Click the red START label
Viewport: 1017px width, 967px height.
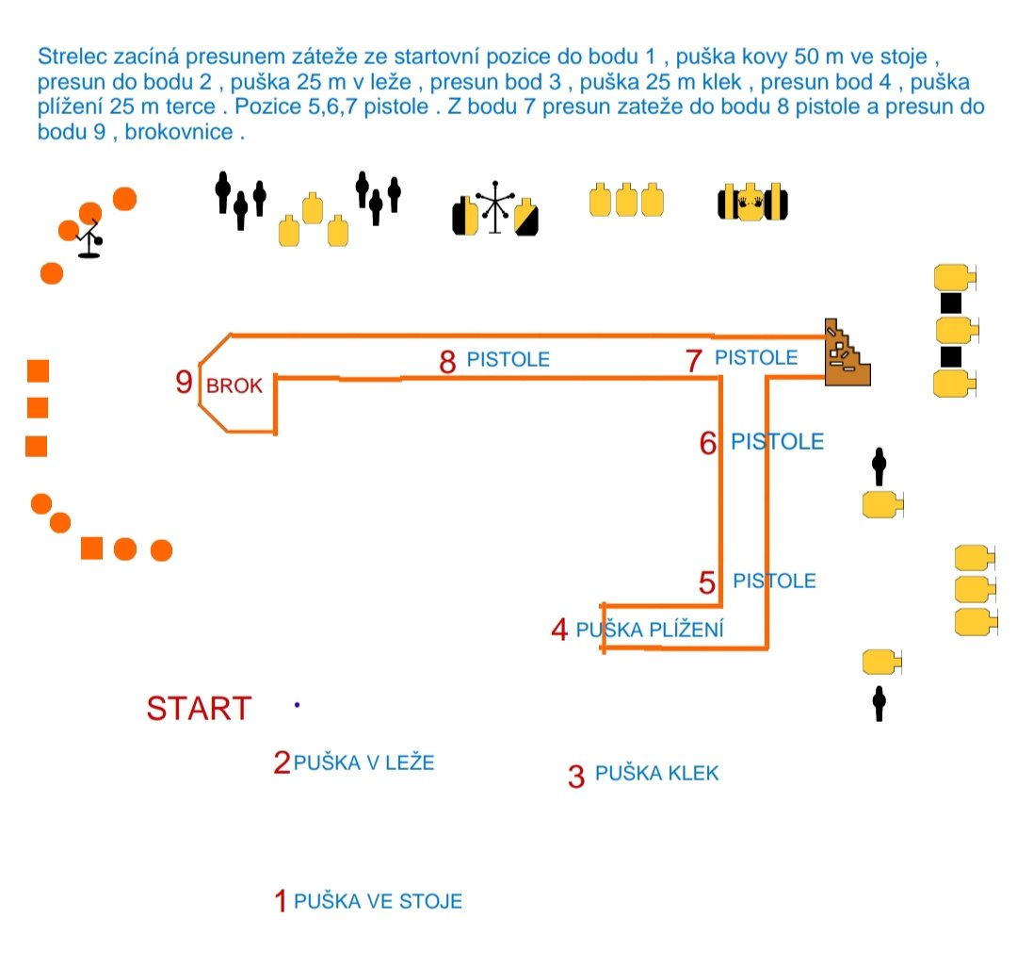pyautogui.click(x=199, y=708)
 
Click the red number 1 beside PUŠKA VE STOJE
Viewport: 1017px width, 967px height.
pyautogui.click(x=281, y=901)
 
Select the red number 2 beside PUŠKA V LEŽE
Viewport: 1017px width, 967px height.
pyautogui.click(x=282, y=762)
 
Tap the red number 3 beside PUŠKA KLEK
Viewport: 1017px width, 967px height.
pyautogui.click(x=576, y=777)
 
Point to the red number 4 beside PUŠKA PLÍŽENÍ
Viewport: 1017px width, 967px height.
pyautogui.click(x=559, y=630)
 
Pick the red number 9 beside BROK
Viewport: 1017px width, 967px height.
pyautogui.click(x=185, y=382)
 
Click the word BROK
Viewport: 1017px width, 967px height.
pyautogui.click(x=234, y=385)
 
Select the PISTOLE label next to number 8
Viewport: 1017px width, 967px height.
pyautogui.click(x=508, y=359)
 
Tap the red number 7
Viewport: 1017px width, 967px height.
pyautogui.click(x=694, y=360)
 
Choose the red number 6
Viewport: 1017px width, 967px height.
pyautogui.click(x=707, y=444)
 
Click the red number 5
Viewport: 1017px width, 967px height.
pyautogui.click(x=707, y=582)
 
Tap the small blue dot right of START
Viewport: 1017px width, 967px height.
pyautogui.click(x=297, y=705)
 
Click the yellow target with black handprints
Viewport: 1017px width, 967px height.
pyautogui.click(x=751, y=203)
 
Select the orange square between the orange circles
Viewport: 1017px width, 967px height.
pyautogui.click(x=92, y=549)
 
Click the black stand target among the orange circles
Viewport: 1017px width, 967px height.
pyautogui.click(x=89, y=238)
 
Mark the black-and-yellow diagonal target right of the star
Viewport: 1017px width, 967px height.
pyautogui.click(x=526, y=217)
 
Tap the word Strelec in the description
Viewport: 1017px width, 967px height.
pyautogui.click(x=72, y=57)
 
